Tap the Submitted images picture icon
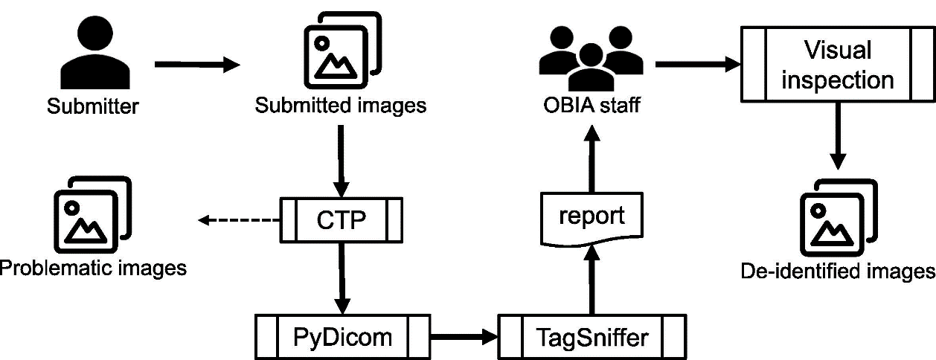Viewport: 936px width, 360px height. (x=340, y=51)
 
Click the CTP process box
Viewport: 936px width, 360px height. (x=342, y=220)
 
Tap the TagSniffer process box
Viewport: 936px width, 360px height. (x=592, y=336)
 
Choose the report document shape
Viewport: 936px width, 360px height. (x=592, y=219)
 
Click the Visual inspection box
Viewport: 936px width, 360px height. (x=838, y=65)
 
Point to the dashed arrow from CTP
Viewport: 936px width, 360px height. (x=238, y=220)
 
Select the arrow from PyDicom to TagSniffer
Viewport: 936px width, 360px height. (x=466, y=337)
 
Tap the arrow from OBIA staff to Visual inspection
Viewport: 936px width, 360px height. (x=696, y=65)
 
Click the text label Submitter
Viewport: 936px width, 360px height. (x=93, y=107)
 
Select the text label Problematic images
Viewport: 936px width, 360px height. (x=93, y=267)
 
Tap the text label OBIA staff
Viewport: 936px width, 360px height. (x=592, y=107)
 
